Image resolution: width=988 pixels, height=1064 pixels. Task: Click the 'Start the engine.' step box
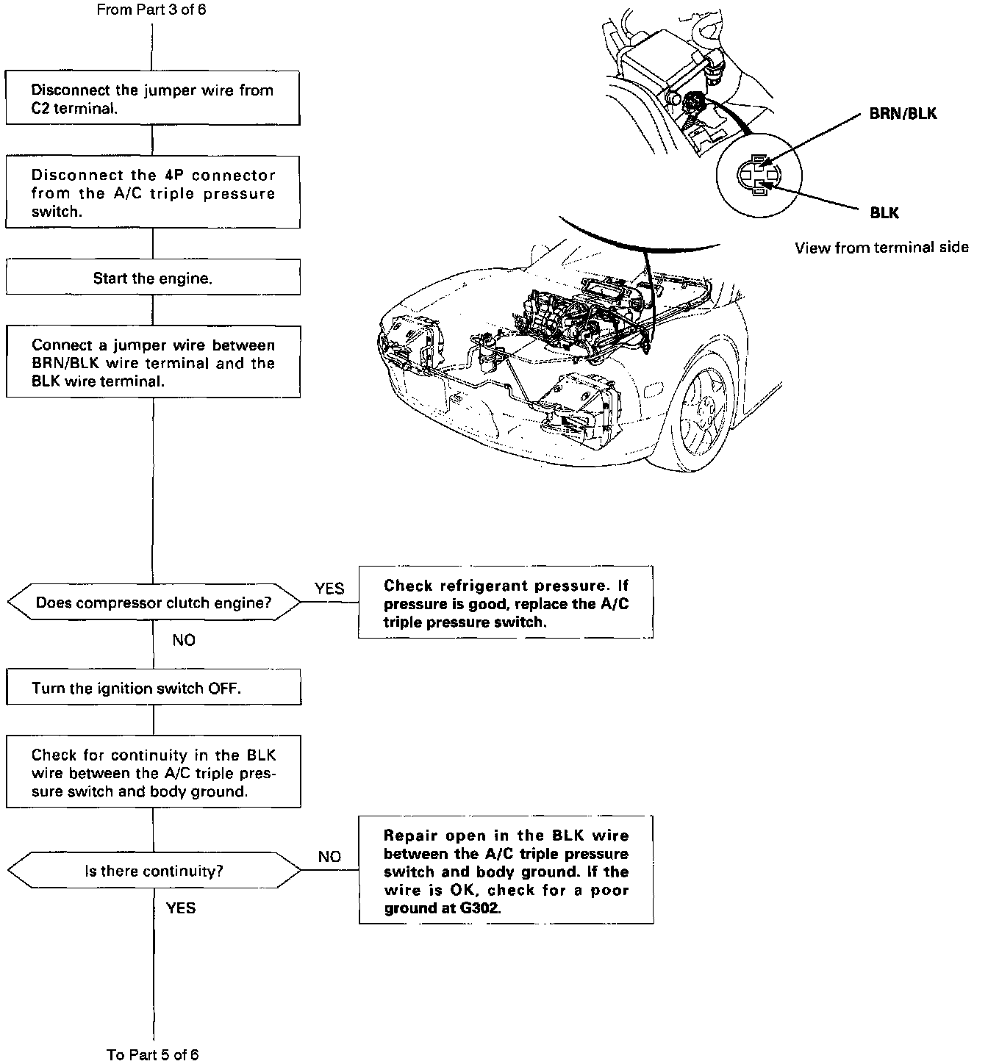(x=153, y=278)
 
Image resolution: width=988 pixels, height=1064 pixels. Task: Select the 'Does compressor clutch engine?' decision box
(x=154, y=603)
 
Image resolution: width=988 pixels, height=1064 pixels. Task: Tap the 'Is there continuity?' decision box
(x=154, y=871)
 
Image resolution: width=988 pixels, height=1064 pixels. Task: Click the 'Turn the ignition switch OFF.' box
(x=154, y=688)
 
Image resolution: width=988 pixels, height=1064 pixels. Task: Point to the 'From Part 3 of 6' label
(x=146, y=10)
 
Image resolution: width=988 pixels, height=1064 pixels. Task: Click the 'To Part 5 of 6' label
(x=153, y=1054)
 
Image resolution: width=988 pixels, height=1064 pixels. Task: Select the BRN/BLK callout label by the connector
(x=903, y=114)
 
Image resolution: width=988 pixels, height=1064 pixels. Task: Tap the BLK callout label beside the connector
(x=884, y=212)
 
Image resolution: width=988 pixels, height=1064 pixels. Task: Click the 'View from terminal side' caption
(x=881, y=248)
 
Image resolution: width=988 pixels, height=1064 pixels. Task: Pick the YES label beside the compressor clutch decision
(x=329, y=589)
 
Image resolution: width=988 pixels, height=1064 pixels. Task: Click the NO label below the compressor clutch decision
(x=184, y=640)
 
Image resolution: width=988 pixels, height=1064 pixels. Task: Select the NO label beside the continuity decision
(x=329, y=857)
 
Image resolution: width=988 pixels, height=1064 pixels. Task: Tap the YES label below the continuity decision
(x=181, y=908)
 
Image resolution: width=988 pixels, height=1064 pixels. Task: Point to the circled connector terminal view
(x=759, y=175)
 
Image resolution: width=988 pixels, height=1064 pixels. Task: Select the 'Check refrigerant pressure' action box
(x=506, y=603)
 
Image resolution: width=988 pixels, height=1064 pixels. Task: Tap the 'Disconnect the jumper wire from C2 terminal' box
(x=153, y=98)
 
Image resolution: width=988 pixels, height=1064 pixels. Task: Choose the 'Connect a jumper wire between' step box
(x=153, y=363)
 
